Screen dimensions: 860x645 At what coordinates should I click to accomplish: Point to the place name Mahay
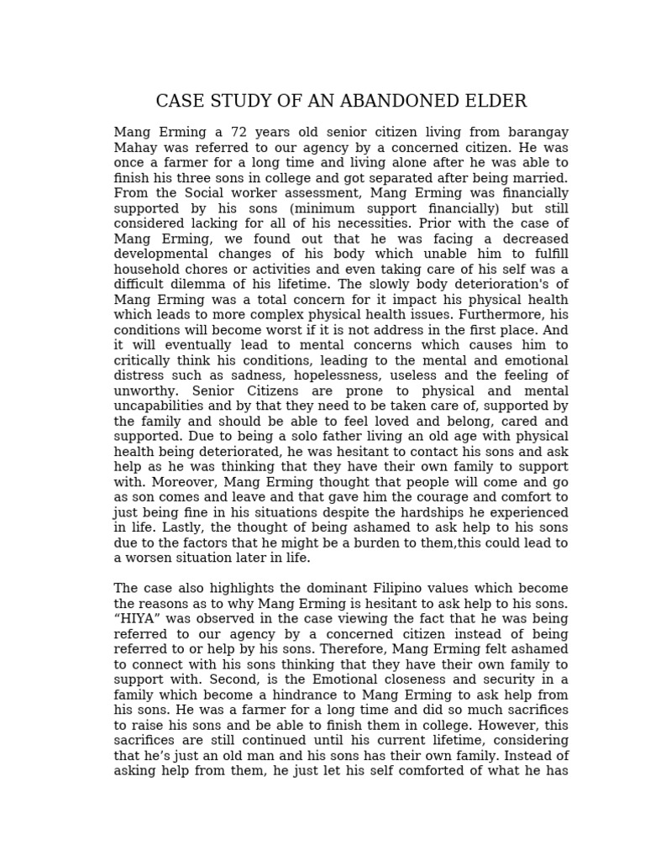click(134, 148)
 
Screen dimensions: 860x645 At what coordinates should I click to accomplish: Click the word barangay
click(532, 133)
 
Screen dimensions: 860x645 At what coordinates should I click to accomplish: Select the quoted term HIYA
click(134, 619)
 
